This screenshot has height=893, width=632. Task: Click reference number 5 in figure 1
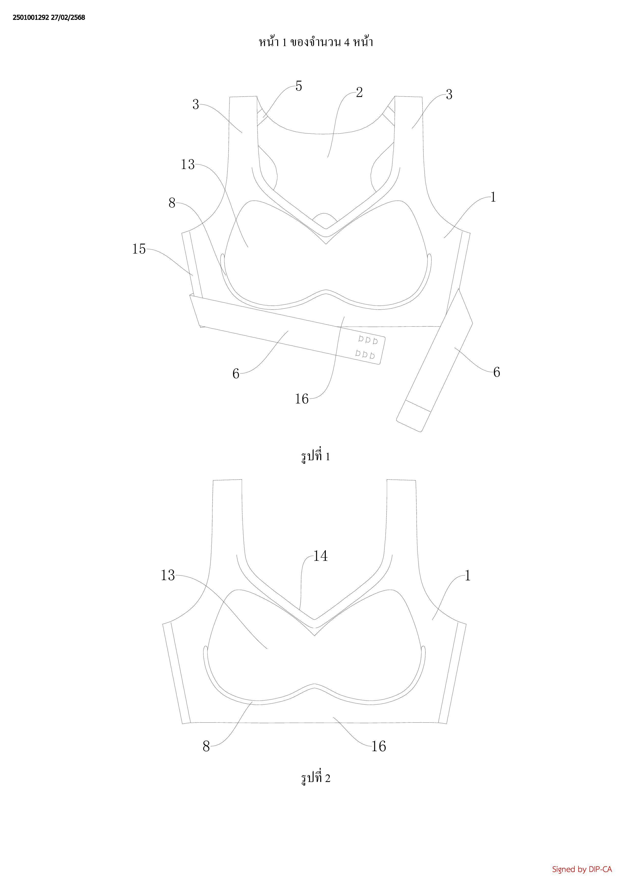pyautogui.click(x=299, y=86)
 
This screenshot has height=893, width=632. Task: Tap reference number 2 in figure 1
pyautogui.click(x=359, y=92)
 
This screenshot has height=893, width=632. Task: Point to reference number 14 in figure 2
pyautogui.click(x=320, y=556)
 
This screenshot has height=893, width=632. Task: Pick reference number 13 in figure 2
pyautogui.click(x=168, y=575)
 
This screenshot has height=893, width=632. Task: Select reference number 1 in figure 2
pyautogui.click(x=468, y=576)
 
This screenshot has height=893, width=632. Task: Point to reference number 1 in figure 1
pyautogui.click(x=493, y=197)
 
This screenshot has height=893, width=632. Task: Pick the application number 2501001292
pyautogui.click(x=31, y=18)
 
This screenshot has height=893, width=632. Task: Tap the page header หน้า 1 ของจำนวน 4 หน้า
pyautogui.click(x=316, y=41)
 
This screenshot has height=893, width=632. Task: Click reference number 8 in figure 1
pyautogui.click(x=172, y=203)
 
